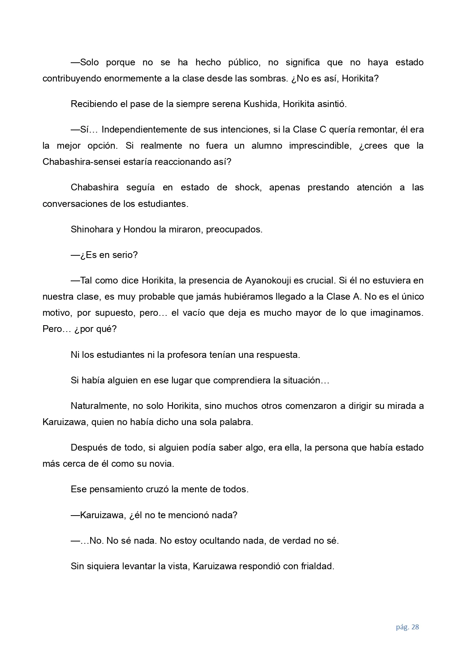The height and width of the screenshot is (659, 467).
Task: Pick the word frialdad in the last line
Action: point(317,566)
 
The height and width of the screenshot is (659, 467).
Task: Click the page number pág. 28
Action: point(407,627)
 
